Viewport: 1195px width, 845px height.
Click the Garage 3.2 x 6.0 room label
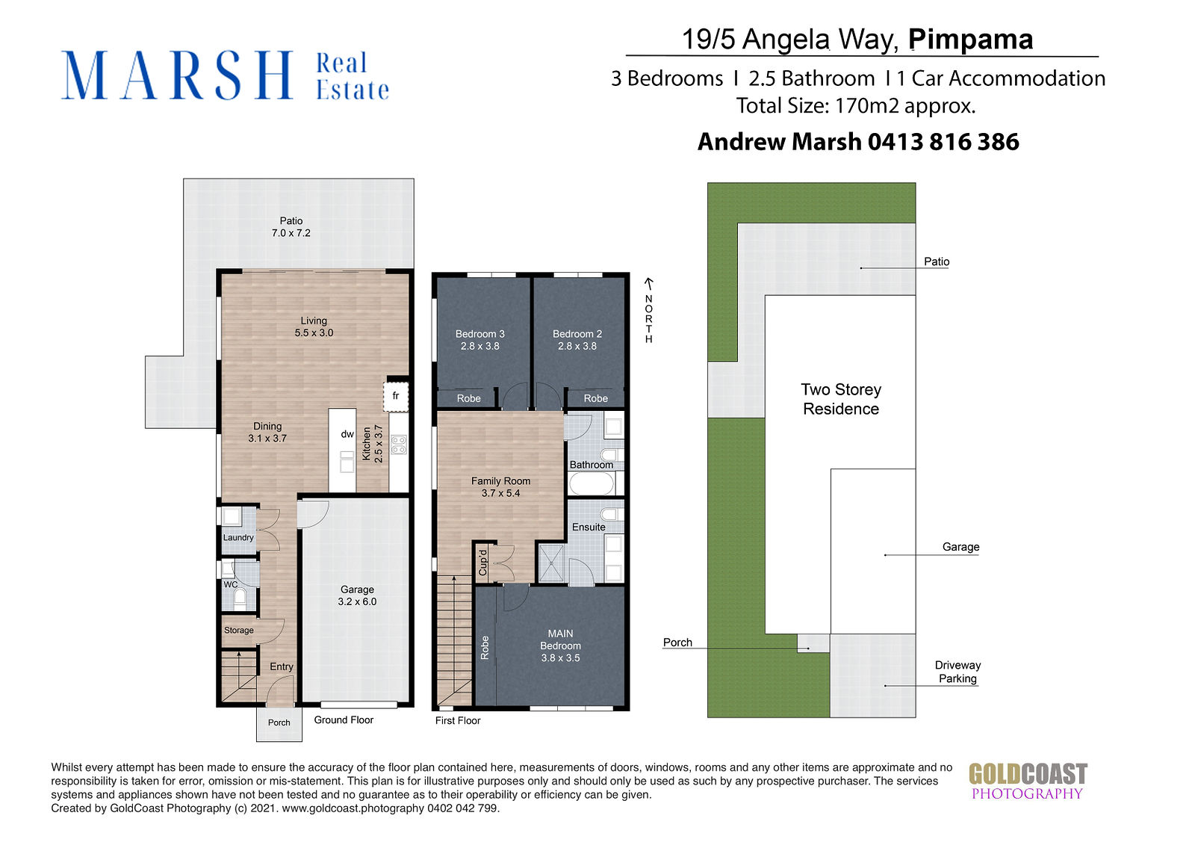point(357,595)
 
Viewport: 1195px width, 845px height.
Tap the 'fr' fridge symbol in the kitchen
point(396,396)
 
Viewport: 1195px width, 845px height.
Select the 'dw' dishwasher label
point(347,434)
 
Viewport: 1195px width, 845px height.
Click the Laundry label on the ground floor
point(238,537)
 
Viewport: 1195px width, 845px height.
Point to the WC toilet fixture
point(240,598)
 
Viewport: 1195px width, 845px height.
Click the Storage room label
point(238,631)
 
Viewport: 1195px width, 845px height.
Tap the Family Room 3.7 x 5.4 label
point(500,487)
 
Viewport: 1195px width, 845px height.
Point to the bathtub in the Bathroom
point(593,483)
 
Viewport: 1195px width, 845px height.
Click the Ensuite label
point(589,527)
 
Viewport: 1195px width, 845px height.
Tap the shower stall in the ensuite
point(551,563)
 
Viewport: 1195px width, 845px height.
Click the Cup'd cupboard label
point(482,563)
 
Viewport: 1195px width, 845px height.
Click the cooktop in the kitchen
point(399,445)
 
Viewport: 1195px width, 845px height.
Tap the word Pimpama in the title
point(970,40)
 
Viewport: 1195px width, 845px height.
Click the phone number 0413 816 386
point(943,142)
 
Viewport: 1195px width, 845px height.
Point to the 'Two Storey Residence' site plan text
point(841,399)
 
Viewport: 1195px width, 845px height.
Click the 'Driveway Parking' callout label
point(957,672)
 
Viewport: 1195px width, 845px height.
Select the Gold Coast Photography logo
point(1028,781)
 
